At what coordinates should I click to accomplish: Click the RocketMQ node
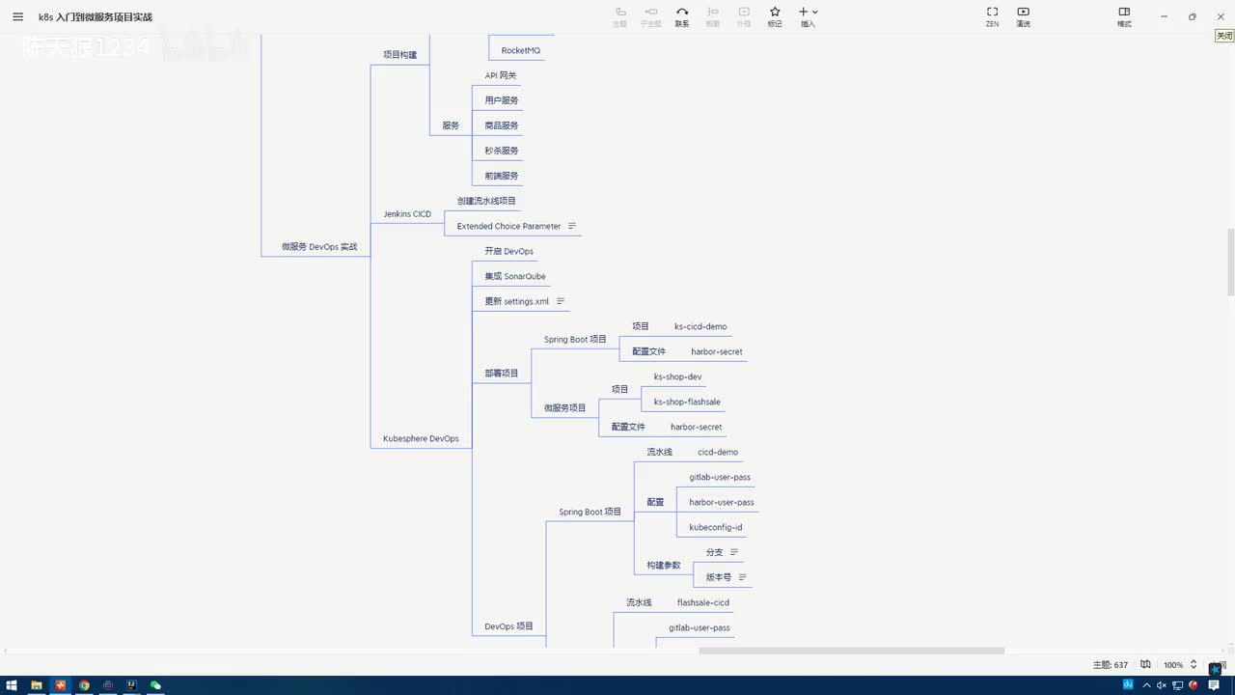coord(520,50)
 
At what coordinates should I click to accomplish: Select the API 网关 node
coord(502,75)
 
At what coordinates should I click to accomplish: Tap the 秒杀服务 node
coord(502,151)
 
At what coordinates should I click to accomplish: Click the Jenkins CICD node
coord(407,214)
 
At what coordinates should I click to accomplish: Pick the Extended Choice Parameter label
coord(508,226)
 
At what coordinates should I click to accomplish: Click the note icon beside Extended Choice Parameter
coord(572,226)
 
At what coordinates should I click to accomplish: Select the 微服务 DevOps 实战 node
coord(319,247)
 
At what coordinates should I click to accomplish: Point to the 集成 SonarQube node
coord(515,276)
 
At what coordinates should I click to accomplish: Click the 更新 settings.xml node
coord(516,301)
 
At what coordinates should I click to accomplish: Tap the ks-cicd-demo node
coord(700,326)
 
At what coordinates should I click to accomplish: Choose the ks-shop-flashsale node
coord(687,402)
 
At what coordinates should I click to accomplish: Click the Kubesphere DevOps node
coord(421,438)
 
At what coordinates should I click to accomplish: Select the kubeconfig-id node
coord(716,527)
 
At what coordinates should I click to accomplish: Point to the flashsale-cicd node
coord(703,602)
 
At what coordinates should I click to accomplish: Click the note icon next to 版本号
coord(742,577)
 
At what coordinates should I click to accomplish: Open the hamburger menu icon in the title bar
coord(17,16)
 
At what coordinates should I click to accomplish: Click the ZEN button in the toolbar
coord(992,16)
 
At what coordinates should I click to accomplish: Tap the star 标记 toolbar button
coord(775,16)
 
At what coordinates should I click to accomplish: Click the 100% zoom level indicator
coord(1173,665)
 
